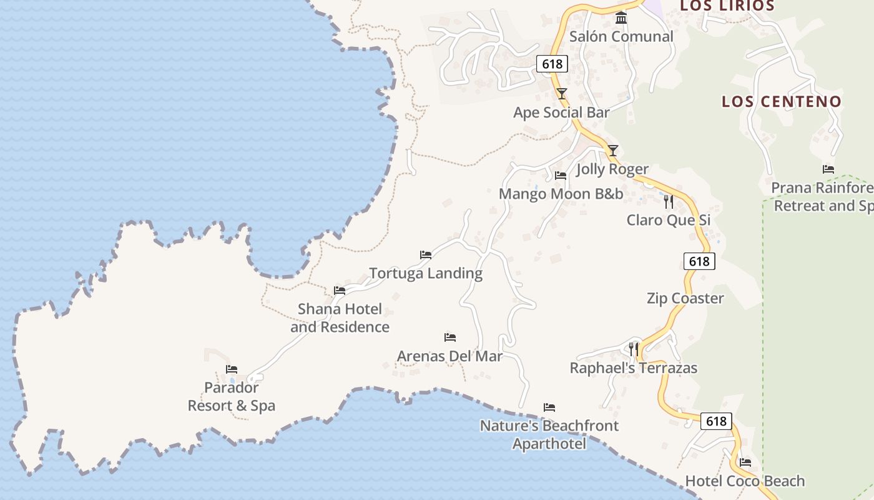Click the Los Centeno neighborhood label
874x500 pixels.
pyautogui.click(x=782, y=101)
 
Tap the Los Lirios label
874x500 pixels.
pyautogui.click(x=727, y=6)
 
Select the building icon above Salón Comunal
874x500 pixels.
pyautogui.click(x=621, y=18)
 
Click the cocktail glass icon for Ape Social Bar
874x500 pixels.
pyautogui.click(x=562, y=94)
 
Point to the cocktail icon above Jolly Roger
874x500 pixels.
pyautogui.click(x=613, y=151)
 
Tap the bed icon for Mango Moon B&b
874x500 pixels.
pyautogui.click(x=561, y=176)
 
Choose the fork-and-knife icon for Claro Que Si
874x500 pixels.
pyautogui.click(x=669, y=201)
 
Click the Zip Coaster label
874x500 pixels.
pyautogui.click(x=685, y=298)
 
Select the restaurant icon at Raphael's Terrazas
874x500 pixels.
pyautogui.click(x=634, y=349)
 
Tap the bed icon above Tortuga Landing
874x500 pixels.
pyautogui.click(x=426, y=255)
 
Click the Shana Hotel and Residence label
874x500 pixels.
pyautogui.click(x=340, y=318)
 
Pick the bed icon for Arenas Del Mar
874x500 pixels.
pyautogui.click(x=450, y=337)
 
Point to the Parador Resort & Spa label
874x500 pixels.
pyautogui.click(x=232, y=397)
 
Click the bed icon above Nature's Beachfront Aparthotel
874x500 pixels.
pyautogui.click(x=549, y=407)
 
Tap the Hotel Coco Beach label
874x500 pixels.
pyautogui.click(x=745, y=481)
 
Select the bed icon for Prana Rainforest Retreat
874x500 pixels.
pyautogui.click(x=828, y=169)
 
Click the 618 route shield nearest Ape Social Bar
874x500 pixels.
pyautogui.click(x=552, y=64)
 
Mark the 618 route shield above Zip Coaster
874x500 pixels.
pyautogui.click(x=699, y=261)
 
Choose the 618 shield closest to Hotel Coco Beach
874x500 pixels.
pyautogui.click(x=715, y=421)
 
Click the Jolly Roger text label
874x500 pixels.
pyautogui.click(x=612, y=169)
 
